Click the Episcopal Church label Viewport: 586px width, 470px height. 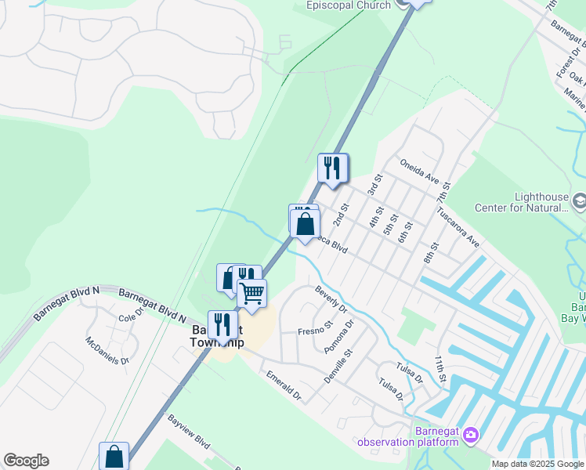tap(347, 5)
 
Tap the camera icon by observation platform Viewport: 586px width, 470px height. tap(470, 435)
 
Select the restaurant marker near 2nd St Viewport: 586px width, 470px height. tap(332, 167)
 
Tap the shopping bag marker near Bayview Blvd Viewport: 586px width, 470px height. tap(114, 455)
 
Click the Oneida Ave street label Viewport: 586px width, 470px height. tap(419, 169)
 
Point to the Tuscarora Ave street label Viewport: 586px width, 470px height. tap(458, 227)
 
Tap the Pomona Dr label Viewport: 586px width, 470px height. tap(344, 334)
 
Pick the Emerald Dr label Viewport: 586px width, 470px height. tap(282, 386)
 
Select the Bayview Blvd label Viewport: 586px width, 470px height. tap(189, 431)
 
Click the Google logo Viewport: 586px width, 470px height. tap(26, 461)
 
